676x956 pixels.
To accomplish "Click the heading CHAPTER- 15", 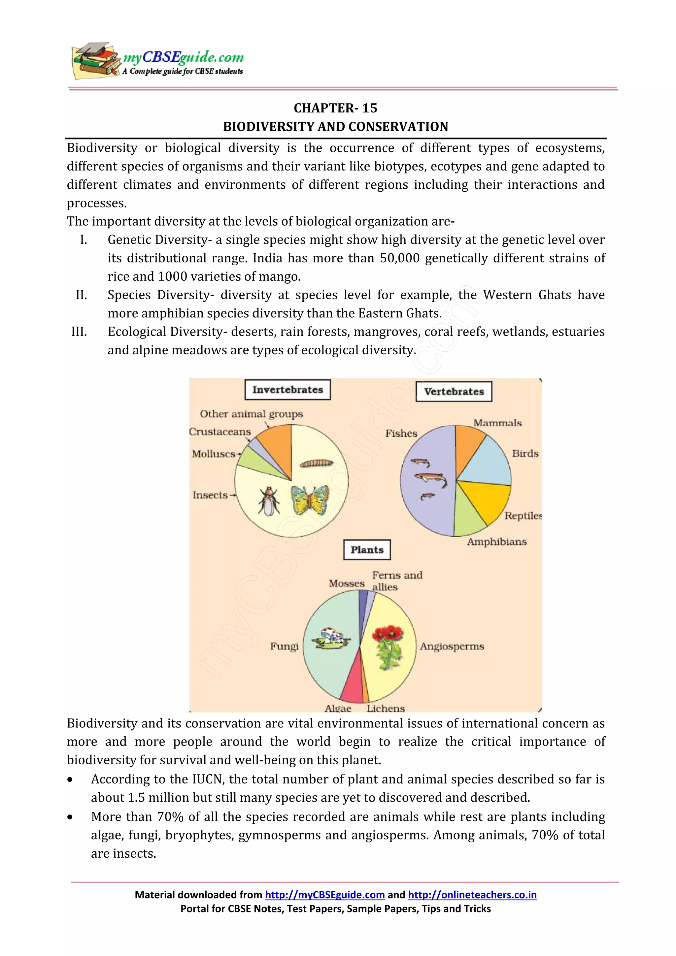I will (335, 108).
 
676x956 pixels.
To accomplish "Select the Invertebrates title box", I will (287, 390).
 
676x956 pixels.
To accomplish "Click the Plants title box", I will (366, 550).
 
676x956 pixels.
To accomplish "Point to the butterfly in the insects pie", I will (310, 500).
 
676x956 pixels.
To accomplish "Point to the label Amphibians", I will (496, 542).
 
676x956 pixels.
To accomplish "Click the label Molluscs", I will (214, 454).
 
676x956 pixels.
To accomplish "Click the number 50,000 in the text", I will (399, 258).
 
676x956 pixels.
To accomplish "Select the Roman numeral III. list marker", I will (79, 332).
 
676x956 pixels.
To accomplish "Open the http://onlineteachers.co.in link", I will (472, 895).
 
